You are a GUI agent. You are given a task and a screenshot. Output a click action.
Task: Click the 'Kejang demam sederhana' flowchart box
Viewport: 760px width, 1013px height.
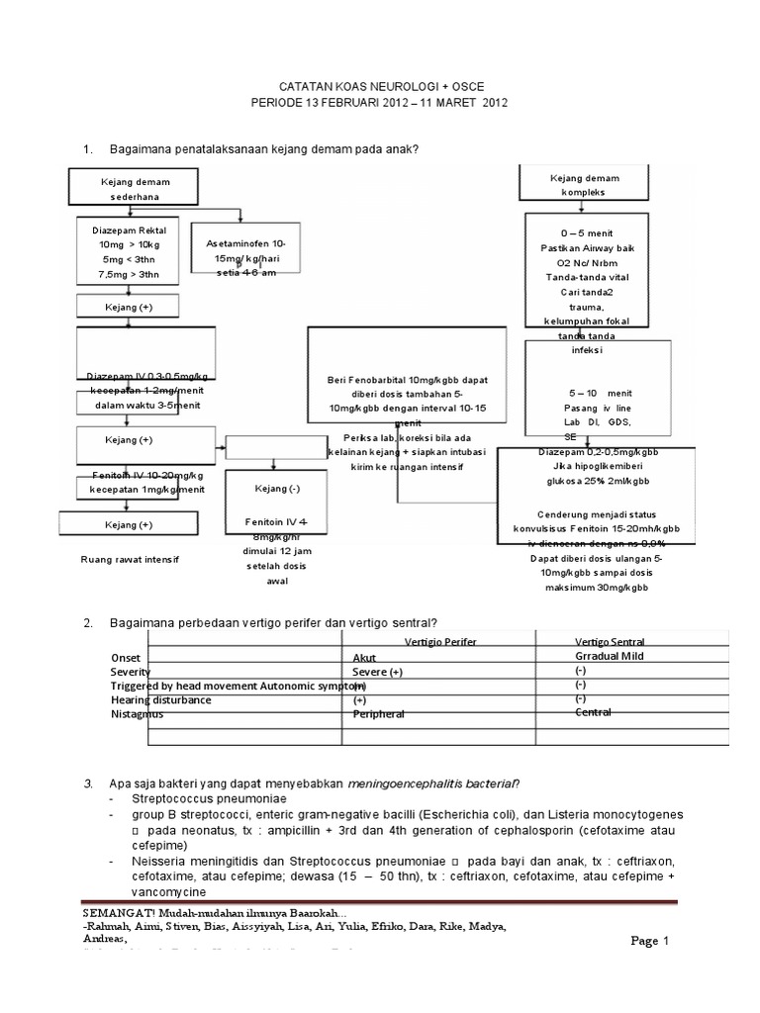pos(133,189)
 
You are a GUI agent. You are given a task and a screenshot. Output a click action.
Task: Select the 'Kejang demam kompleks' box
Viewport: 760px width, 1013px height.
pos(583,184)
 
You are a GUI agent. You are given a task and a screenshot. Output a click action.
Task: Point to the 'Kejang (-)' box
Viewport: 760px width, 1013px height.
pos(273,489)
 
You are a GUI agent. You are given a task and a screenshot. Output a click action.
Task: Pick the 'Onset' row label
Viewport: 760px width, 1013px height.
pos(127,657)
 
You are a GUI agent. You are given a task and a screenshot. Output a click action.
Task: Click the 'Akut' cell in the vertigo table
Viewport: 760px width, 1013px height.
pos(365,657)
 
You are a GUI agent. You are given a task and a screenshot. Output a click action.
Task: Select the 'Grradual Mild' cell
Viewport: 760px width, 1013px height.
pos(609,655)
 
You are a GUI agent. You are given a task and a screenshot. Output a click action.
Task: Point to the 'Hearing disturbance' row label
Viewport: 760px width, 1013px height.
pos(160,699)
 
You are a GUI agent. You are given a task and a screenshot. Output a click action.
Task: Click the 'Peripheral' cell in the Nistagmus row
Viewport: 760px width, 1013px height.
pos(379,713)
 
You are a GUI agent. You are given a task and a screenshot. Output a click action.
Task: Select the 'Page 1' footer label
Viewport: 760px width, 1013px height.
pos(651,941)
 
